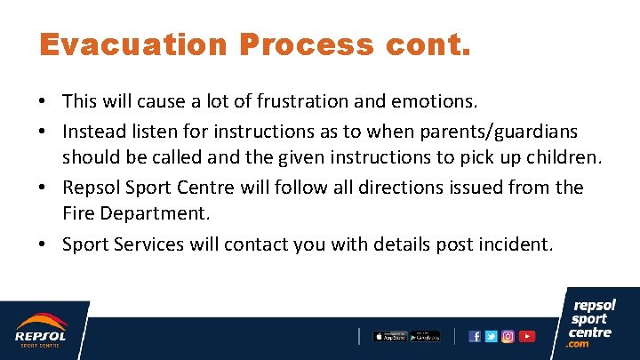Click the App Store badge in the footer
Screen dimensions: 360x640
pyautogui.click(x=389, y=336)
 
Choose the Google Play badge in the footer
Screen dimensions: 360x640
pyautogui.click(x=425, y=336)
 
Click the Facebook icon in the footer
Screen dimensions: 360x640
pyautogui.click(x=475, y=336)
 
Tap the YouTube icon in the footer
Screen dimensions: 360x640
pyautogui.click(x=527, y=336)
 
